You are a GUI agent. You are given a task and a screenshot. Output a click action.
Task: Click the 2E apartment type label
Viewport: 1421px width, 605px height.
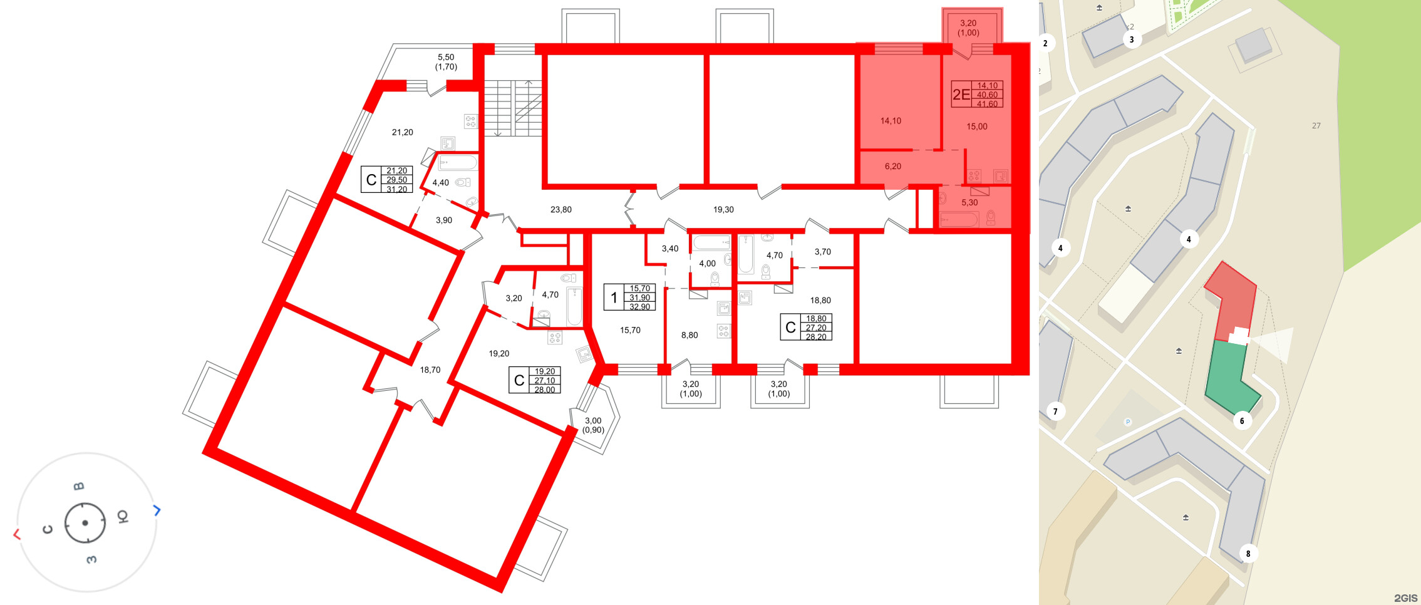[x=961, y=95]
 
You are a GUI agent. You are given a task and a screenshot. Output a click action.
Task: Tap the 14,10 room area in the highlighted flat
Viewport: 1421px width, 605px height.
[x=891, y=121]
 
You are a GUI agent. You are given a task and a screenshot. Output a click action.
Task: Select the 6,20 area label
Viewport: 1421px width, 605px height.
[x=893, y=167]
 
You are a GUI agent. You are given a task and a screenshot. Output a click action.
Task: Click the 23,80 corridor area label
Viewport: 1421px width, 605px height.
[x=561, y=210]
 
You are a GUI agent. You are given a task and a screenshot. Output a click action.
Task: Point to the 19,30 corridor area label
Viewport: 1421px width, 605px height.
[x=723, y=210]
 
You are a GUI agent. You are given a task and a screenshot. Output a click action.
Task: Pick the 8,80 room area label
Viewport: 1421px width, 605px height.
[x=690, y=335]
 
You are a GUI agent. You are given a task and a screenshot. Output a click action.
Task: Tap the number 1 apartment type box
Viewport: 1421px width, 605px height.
[x=614, y=297]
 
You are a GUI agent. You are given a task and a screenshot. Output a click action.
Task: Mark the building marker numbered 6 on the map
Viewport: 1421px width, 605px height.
[x=1242, y=421]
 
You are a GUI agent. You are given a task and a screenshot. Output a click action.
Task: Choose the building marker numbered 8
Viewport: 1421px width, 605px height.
[x=1248, y=554]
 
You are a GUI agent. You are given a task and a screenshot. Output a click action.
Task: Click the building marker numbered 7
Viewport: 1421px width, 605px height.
[x=1055, y=411]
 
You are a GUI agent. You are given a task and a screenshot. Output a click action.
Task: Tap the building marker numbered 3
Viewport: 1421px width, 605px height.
[x=1132, y=39]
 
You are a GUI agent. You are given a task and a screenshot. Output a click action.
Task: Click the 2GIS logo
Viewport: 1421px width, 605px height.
[x=1405, y=598]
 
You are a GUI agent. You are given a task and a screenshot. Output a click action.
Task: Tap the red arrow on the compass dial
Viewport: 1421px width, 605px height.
[x=17, y=534]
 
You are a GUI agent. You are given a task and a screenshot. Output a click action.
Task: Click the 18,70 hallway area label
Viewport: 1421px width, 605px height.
[x=430, y=370]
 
